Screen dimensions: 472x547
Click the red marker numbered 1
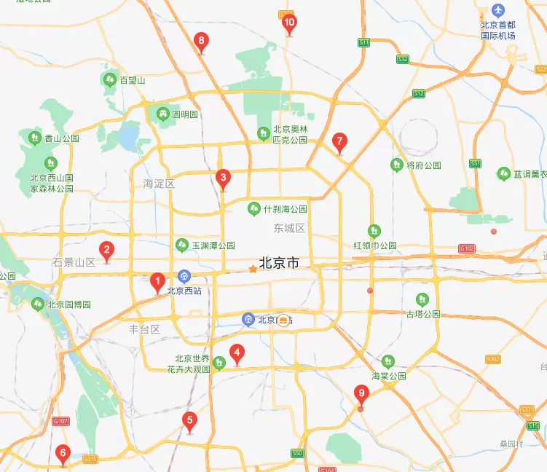(x=157, y=281)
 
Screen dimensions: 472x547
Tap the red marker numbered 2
(x=106, y=251)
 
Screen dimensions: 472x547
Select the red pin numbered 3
(x=223, y=177)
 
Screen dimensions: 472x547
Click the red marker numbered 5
(x=189, y=420)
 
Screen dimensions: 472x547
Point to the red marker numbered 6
(x=63, y=454)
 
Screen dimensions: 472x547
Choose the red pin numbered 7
(x=339, y=141)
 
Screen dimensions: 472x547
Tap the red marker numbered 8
(x=202, y=42)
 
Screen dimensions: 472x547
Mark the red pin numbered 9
(x=361, y=394)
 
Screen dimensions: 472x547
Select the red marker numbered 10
(x=289, y=23)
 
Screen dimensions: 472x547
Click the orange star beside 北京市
(x=253, y=269)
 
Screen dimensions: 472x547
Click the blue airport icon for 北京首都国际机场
(x=498, y=10)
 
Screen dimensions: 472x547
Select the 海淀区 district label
(x=159, y=184)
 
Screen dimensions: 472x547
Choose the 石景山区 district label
(x=75, y=262)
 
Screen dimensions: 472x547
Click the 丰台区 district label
(x=144, y=329)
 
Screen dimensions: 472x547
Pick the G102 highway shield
(x=467, y=248)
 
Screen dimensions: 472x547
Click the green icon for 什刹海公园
(x=253, y=208)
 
